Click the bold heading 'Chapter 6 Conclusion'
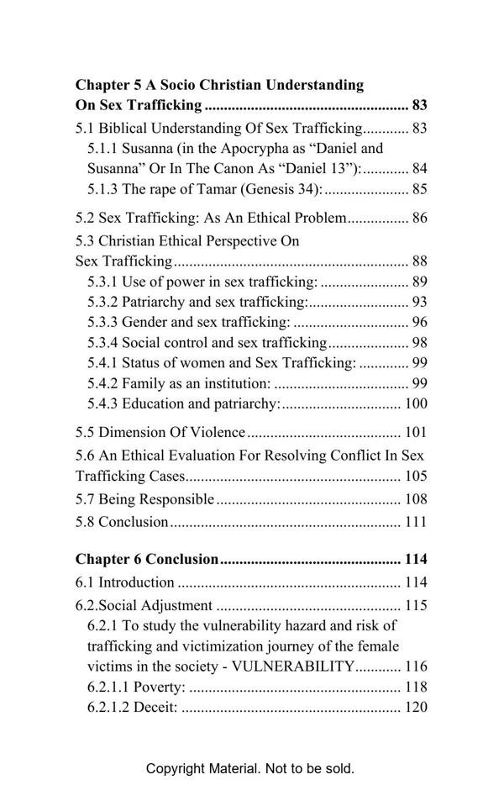pos(147,560)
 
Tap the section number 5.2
pos(85,219)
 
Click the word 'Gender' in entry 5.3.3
pos(145,322)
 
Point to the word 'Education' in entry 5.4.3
pos(155,403)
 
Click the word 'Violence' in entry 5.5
pos(218,433)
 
